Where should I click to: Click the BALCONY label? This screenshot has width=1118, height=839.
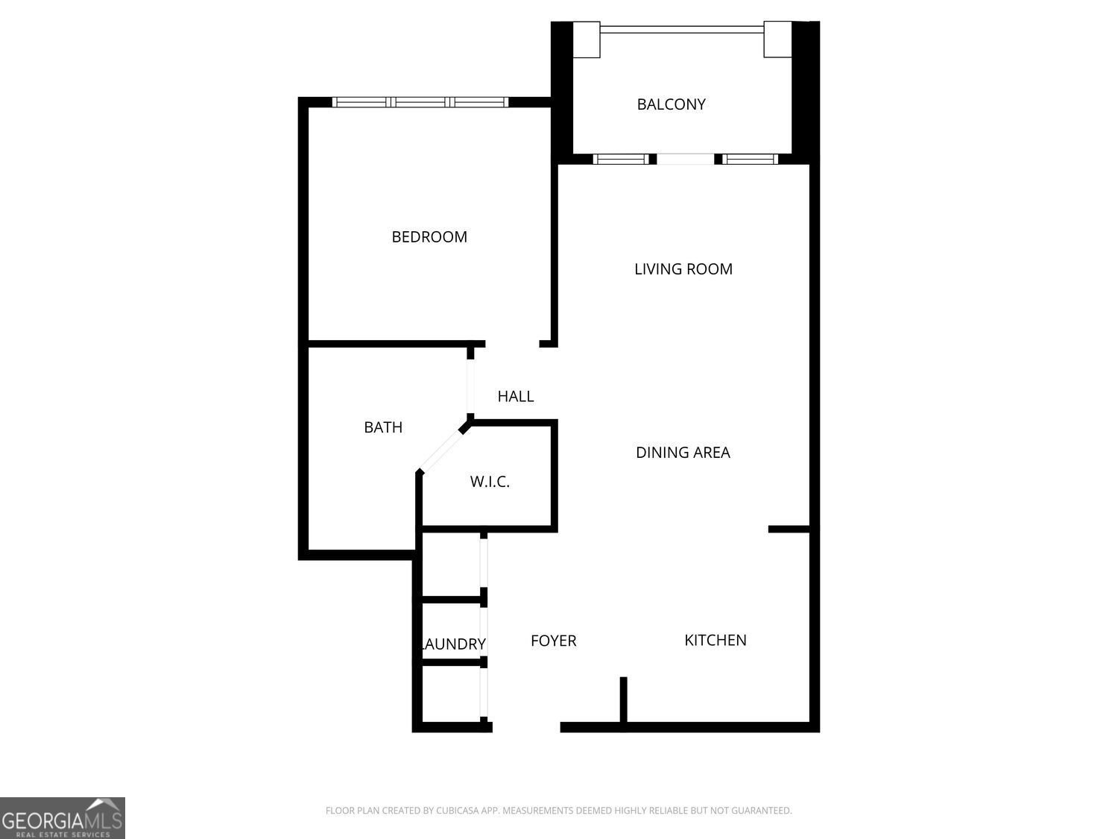671,104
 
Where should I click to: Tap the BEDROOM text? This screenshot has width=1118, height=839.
429,237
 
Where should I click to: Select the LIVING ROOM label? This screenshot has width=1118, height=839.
683,269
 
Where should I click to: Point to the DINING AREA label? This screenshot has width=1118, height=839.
683,452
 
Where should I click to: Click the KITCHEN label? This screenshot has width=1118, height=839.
715,640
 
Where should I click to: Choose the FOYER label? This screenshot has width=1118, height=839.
553,641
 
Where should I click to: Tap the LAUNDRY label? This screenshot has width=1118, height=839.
454,644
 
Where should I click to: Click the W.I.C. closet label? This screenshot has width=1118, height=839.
490,482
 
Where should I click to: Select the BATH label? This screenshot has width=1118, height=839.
383,427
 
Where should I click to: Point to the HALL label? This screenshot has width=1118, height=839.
515,396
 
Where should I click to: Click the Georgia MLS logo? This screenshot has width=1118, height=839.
62,817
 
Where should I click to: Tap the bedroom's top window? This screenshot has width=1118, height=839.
420,102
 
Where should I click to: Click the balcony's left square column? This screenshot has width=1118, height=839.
586,40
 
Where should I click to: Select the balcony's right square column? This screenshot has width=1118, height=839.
777,40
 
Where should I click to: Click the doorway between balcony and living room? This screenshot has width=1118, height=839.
686,159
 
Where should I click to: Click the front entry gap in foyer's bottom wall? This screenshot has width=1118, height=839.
526,726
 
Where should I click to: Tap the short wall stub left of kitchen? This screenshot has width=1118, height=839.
624,700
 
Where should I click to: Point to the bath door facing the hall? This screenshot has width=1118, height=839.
470,382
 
